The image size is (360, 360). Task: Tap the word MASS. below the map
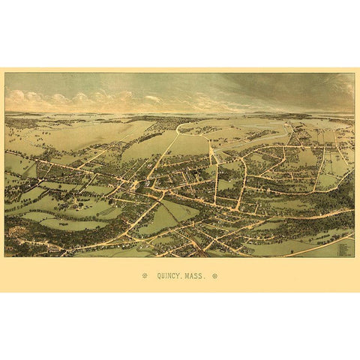point(196,276)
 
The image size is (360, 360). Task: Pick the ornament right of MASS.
point(215,276)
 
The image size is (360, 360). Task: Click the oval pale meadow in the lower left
point(71,223)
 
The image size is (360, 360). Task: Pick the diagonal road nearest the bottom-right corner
point(315,247)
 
